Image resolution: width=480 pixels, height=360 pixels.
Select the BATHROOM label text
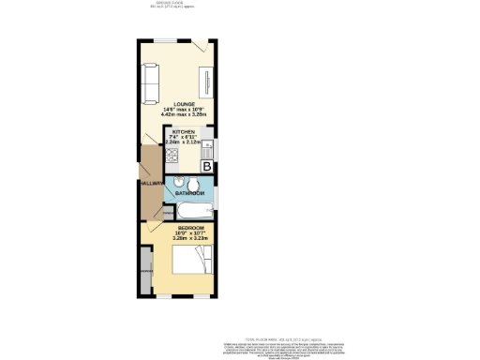click(190, 192)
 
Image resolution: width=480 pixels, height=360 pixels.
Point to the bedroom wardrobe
click(145, 271)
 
